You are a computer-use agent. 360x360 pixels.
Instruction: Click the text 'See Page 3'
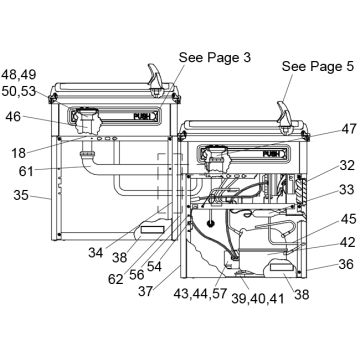215,57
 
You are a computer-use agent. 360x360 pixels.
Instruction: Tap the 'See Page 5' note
317,66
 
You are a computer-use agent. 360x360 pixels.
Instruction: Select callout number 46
13,117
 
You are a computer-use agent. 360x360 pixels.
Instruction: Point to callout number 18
19,153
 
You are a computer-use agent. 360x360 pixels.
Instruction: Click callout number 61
26,171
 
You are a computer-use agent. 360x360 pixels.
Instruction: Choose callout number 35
21,195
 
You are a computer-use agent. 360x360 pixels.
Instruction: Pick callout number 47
349,129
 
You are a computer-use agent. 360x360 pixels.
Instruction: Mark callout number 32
347,165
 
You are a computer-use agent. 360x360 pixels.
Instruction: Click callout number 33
347,190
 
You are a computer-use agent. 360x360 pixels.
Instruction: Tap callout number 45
349,219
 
